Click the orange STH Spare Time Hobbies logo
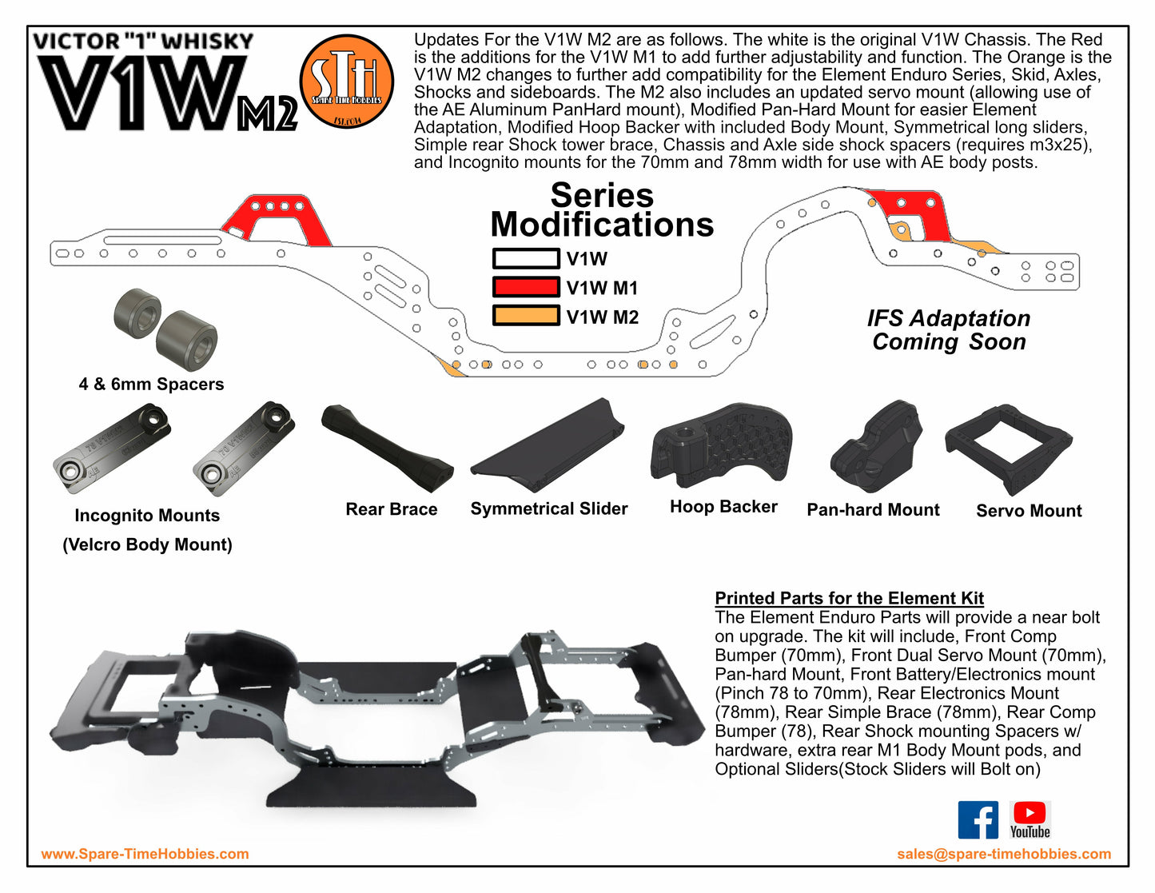(346, 81)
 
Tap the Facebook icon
(978, 819)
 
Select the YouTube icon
(1030, 819)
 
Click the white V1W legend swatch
(525, 259)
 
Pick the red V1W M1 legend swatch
(525, 287)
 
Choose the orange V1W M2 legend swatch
(525, 316)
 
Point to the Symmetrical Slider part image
(548, 446)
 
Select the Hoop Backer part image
(721, 444)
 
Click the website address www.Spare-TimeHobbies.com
(145, 854)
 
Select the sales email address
(1004, 854)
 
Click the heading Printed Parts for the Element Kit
(849, 598)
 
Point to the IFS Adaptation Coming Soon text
(949, 330)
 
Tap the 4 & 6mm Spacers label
(151, 384)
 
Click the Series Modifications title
(602, 210)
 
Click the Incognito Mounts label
(147, 516)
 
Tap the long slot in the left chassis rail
(162, 240)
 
